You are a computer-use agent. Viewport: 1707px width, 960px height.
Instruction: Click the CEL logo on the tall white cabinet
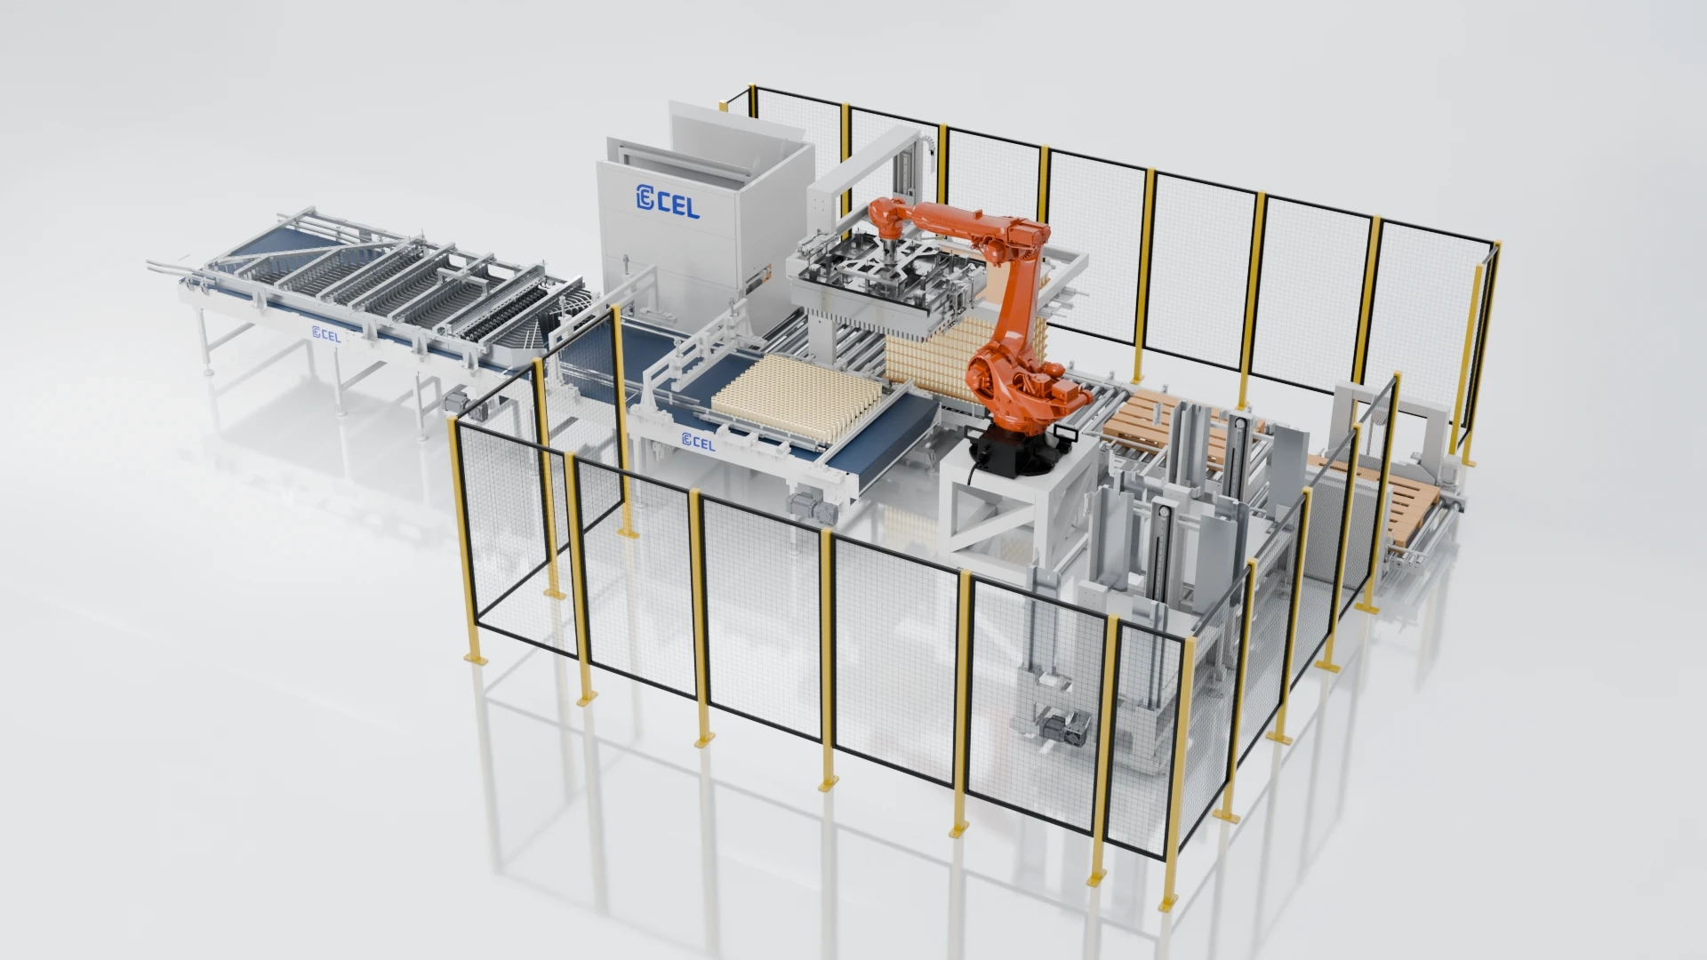[x=668, y=201]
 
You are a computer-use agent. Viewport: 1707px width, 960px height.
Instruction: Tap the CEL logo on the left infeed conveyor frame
[x=326, y=334]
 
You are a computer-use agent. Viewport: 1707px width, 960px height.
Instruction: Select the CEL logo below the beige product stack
[x=698, y=441]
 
